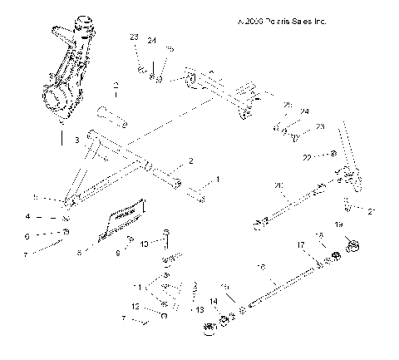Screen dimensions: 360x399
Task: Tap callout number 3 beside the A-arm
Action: (76, 141)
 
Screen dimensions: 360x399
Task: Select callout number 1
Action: (219, 179)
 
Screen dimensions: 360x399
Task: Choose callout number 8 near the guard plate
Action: (80, 250)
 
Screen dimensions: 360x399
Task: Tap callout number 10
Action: (145, 244)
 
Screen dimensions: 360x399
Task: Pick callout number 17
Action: (301, 245)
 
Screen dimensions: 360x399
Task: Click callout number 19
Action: (338, 225)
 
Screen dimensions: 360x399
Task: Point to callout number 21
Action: (371, 211)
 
